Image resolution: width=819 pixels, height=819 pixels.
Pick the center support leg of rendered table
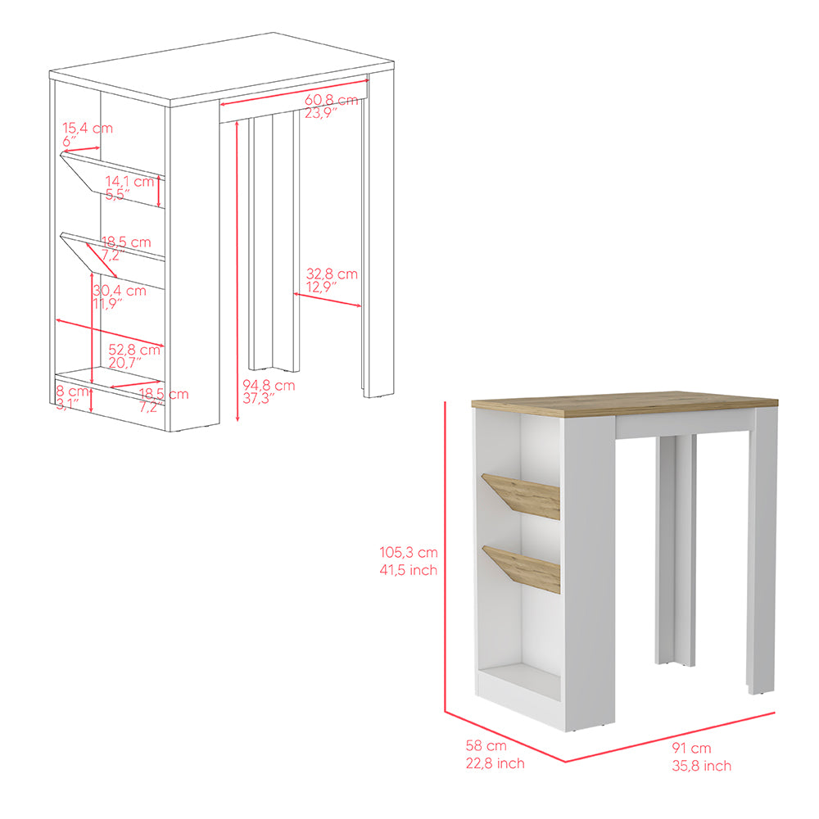(x=675, y=549)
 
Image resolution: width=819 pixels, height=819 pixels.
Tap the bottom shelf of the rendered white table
(x=518, y=681)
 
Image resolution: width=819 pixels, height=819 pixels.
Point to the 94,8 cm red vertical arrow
(x=237, y=270)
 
